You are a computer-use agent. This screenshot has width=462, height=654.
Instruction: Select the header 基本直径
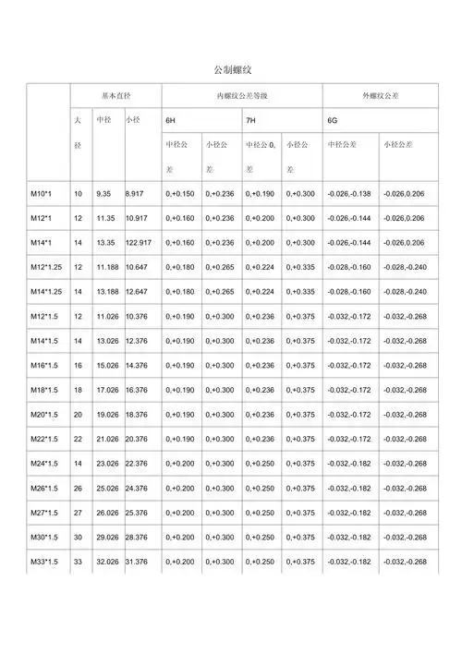(x=115, y=96)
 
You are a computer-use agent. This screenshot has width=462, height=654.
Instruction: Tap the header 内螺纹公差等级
(x=241, y=96)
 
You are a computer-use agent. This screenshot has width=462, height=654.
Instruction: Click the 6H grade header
(x=172, y=121)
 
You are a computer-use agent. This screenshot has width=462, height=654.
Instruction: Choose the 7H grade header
(x=251, y=121)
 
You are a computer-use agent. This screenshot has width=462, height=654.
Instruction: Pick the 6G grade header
(x=333, y=121)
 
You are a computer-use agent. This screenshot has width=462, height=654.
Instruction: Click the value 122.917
(x=140, y=243)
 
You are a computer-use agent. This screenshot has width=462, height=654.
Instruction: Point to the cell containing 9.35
(x=103, y=193)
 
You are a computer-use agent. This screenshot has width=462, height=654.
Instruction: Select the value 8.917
(x=135, y=193)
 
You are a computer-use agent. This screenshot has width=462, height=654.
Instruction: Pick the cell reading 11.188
(x=107, y=268)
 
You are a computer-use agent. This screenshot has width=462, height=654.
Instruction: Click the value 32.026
(x=107, y=562)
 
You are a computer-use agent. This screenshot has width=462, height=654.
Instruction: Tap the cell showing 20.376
(x=138, y=439)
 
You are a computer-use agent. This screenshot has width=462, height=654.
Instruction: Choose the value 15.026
(x=107, y=366)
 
